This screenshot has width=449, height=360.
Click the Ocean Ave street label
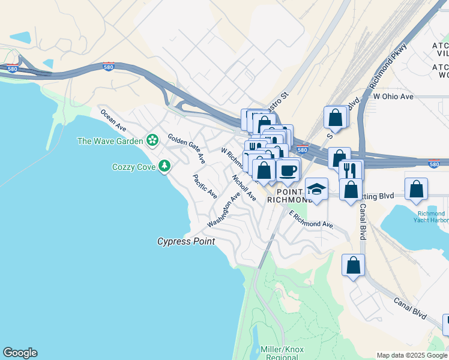point(113,120)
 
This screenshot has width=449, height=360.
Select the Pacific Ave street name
point(204,187)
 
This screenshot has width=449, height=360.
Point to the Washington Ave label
point(224,209)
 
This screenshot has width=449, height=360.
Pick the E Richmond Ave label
point(311,220)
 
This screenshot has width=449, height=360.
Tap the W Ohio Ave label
point(393,96)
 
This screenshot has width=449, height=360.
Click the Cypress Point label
point(186,241)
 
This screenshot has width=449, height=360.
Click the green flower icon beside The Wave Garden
point(153,140)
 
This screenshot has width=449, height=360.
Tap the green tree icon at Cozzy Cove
point(165,166)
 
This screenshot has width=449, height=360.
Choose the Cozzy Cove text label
point(134,167)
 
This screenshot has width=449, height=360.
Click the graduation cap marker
point(316,189)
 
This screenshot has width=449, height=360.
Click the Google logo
point(20,353)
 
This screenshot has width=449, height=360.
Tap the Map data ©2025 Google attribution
point(412,355)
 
